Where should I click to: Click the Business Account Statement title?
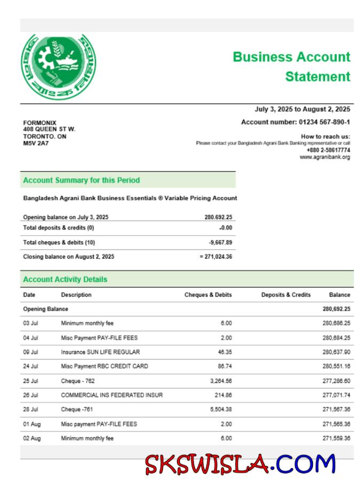[x=291, y=67]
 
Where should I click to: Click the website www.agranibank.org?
[x=325, y=157]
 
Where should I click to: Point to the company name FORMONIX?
[x=40, y=123]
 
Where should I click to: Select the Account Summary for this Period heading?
[x=81, y=181]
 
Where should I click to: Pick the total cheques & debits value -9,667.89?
[x=220, y=243]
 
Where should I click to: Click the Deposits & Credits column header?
[x=286, y=295]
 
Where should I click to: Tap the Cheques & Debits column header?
[x=208, y=295]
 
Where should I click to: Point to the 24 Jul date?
[x=30, y=366]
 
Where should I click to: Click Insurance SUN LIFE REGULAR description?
[x=100, y=352]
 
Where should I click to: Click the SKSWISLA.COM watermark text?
[x=240, y=465]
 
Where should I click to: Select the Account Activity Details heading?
[x=65, y=279]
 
